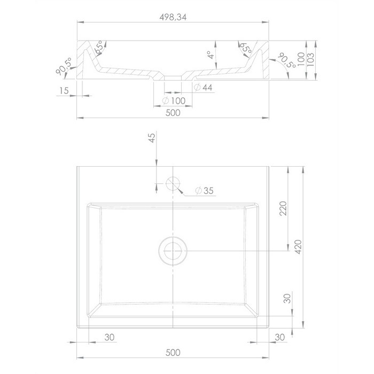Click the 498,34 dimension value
point(173,17)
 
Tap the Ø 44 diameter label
point(203,88)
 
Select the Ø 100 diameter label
point(174,100)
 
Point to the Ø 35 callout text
point(204,191)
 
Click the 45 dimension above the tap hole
point(152,138)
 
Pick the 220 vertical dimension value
point(283,208)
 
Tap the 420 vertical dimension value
point(298,247)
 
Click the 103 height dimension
point(310,59)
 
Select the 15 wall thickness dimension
point(64,91)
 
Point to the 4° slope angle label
point(211,54)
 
